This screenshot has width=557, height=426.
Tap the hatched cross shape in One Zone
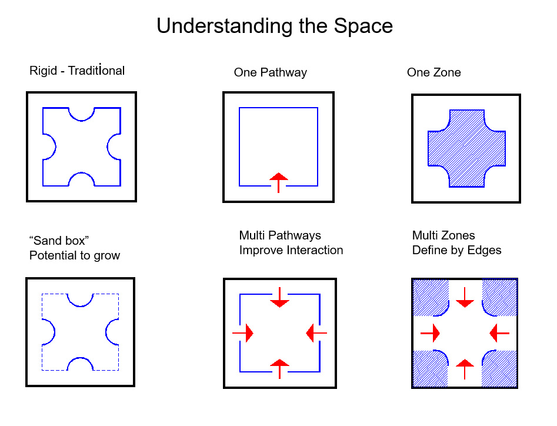(466, 148)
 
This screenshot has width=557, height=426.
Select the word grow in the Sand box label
(106, 255)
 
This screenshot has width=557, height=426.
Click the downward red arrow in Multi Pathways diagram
(279, 298)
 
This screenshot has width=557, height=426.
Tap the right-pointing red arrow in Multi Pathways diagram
(244, 334)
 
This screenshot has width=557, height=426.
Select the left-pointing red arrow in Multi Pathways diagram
(316, 334)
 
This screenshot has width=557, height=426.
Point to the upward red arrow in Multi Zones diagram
(465, 368)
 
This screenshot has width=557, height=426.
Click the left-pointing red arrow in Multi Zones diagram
(499, 334)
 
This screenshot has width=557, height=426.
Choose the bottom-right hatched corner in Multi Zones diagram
(500, 369)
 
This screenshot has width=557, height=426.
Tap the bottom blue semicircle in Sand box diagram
(81, 363)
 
